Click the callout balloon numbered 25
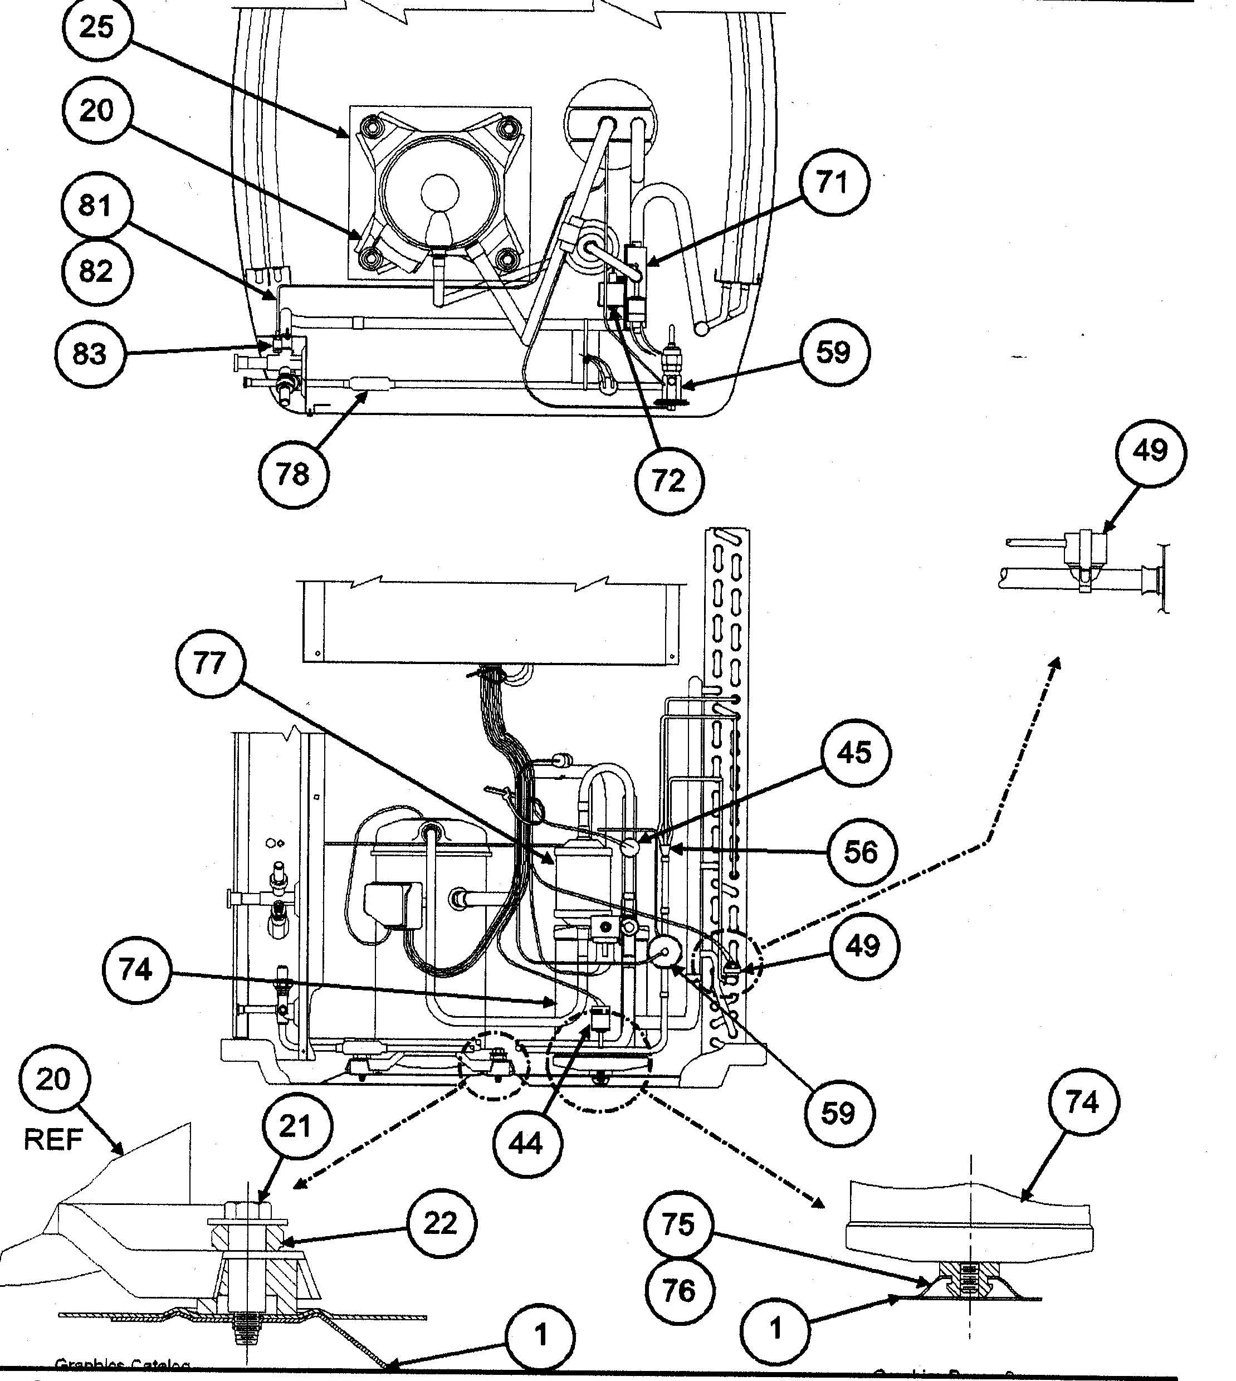(x=96, y=28)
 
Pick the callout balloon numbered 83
(x=90, y=354)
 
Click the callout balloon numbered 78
(x=294, y=474)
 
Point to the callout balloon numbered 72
(x=669, y=480)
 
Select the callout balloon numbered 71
(x=833, y=183)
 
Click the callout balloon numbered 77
(x=209, y=663)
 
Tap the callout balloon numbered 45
(x=854, y=753)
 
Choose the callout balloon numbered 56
(x=861, y=852)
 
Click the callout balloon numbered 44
(x=526, y=1143)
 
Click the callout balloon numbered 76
(x=678, y=1290)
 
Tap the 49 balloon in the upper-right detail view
(x=1150, y=451)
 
